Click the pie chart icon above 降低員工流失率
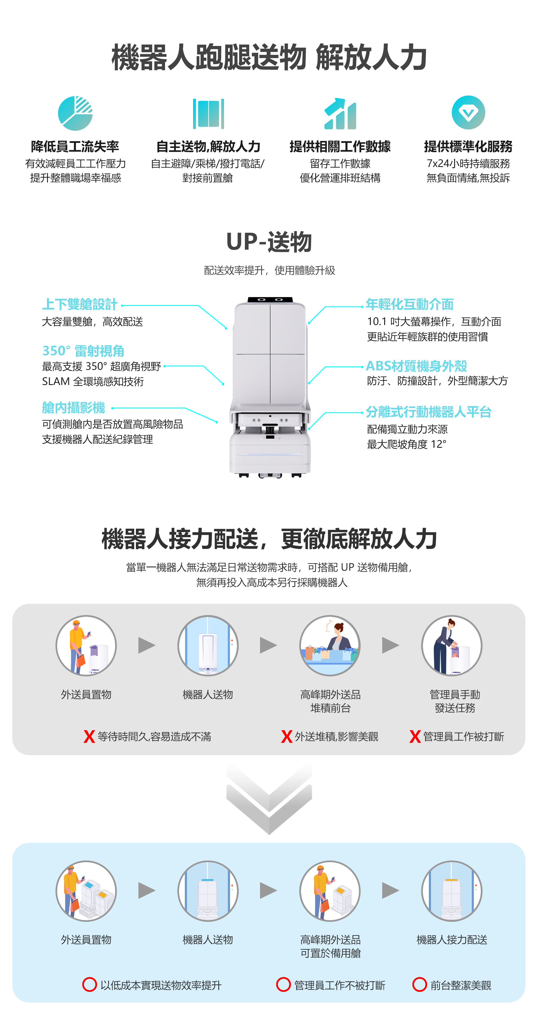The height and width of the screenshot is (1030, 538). (x=75, y=113)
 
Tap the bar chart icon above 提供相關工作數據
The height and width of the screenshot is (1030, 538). (x=340, y=114)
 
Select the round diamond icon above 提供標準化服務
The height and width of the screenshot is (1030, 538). (x=468, y=112)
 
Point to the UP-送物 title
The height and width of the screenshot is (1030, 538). (x=269, y=242)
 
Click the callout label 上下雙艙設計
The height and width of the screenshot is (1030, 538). (x=80, y=304)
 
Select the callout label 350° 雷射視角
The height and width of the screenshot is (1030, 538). (x=83, y=351)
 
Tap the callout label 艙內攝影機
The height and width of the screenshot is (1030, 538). (x=74, y=407)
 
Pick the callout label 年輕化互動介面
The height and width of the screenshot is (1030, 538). (x=410, y=304)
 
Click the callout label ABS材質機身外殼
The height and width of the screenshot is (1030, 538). (x=416, y=365)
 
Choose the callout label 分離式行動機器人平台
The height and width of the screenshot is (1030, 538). (x=428, y=411)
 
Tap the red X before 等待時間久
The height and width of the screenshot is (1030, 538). (x=89, y=736)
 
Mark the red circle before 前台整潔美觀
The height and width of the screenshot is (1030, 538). (x=419, y=984)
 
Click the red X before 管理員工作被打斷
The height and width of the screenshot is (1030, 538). (x=415, y=736)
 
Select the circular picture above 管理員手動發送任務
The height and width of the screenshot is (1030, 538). (x=452, y=645)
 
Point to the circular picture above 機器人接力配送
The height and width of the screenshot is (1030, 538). (x=452, y=891)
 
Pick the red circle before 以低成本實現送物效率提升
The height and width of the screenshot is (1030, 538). (x=89, y=984)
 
